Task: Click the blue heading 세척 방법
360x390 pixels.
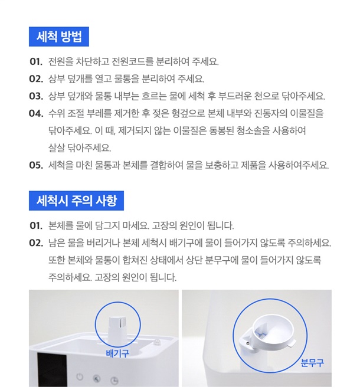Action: click(59, 37)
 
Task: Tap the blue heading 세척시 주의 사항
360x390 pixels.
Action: click(76, 201)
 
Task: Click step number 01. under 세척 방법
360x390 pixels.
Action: click(36, 61)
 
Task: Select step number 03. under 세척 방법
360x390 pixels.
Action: click(36, 96)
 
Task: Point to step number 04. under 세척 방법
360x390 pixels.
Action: click(36, 113)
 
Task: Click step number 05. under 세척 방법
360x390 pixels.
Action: click(36, 165)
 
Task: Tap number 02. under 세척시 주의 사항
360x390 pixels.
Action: click(36, 242)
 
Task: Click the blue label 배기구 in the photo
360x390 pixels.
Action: click(117, 353)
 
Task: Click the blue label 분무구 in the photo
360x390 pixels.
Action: click(312, 363)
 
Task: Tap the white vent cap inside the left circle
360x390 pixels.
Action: click(117, 328)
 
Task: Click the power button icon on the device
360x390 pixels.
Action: click(80, 377)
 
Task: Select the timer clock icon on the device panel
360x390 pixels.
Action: click(114, 381)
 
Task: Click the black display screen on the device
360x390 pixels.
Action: click(52, 369)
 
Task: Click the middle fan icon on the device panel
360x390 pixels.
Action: click(97, 379)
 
